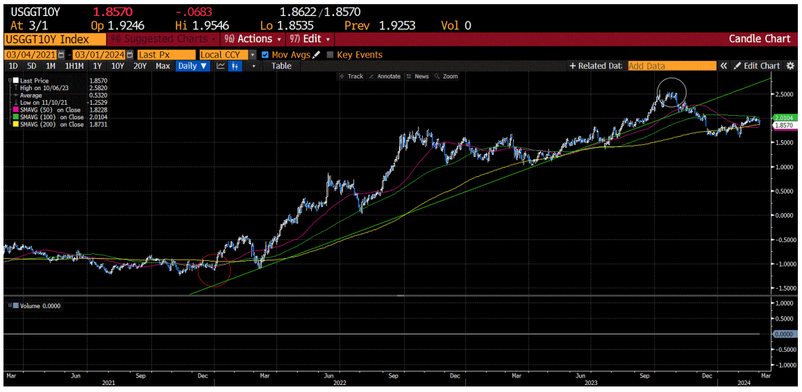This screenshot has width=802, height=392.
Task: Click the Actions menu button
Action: (x=253, y=39)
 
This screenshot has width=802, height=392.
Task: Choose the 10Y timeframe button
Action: (x=117, y=66)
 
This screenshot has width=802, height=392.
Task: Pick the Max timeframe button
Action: (x=162, y=66)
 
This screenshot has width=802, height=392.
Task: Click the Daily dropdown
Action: (x=192, y=66)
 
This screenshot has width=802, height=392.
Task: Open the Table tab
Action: (x=281, y=66)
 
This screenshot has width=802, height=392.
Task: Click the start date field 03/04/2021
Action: (x=31, y=54)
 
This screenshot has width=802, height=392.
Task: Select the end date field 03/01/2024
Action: (x=99, y=54)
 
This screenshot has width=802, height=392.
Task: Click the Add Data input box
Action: (x=671, y=66)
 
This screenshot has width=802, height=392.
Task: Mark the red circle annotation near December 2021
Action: (x=214, y=269)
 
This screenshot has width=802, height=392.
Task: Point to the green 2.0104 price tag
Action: (x=783, y=118)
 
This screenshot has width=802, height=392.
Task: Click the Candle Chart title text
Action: (x=759, y=39)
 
